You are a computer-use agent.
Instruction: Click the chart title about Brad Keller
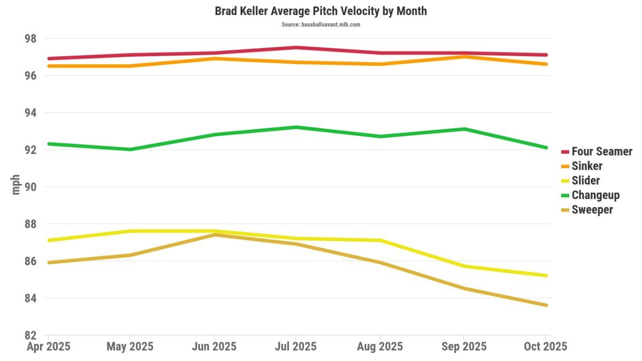320,11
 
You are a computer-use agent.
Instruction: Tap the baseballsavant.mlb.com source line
320,25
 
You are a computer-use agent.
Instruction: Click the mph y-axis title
16,185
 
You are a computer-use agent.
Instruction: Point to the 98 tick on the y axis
30,39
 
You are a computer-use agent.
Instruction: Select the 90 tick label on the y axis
30,187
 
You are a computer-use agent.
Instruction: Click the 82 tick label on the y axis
30,335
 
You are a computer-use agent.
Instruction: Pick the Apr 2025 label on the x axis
48,347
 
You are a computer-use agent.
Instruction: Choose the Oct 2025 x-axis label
545,347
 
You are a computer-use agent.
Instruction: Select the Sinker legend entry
586,166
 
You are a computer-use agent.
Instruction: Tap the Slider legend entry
585,181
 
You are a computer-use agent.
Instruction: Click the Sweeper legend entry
592,210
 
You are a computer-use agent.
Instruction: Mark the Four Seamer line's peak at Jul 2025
296,48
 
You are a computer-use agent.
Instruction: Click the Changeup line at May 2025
131,149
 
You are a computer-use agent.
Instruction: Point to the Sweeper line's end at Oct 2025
546,305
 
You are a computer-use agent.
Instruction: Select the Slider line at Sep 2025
463,266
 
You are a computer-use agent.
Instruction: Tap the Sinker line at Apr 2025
49,66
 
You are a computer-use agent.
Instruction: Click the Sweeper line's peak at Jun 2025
214,235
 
